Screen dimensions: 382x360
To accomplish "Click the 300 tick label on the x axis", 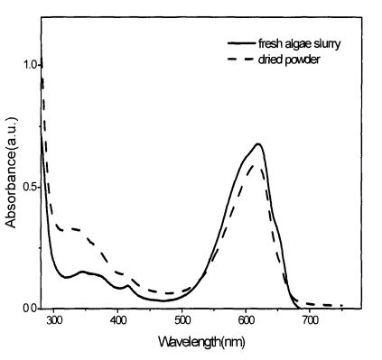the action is point(53,320).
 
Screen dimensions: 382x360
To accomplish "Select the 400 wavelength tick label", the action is point(117,320).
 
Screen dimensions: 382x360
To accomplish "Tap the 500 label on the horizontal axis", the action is point(182,320).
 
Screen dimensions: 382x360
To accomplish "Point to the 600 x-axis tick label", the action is point(246,320).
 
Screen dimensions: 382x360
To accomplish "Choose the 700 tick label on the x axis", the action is point(310,320).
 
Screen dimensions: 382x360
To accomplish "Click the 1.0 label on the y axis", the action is point(29,65).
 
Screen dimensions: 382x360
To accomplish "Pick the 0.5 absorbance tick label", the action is point(29,187).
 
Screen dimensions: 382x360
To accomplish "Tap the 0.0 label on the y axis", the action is point(29,309).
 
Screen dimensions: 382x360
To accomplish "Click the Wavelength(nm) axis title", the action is point(201,342).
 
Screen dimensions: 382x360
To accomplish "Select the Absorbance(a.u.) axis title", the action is point(12,172).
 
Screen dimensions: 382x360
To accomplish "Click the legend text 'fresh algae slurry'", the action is point(299,44).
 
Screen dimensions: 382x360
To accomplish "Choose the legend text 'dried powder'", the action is point(289,60).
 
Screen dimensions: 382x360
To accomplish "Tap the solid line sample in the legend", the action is point(241,43).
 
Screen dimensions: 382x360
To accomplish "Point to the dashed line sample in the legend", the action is point(241,60).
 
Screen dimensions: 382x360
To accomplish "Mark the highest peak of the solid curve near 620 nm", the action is point(258,143).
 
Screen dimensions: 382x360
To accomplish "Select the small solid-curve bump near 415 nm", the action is point(128,285).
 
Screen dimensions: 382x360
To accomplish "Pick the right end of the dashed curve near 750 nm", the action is point(341,306).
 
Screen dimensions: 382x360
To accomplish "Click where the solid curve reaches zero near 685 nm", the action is point(299,308).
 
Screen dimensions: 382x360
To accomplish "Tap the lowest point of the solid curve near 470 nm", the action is point(163,300).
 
